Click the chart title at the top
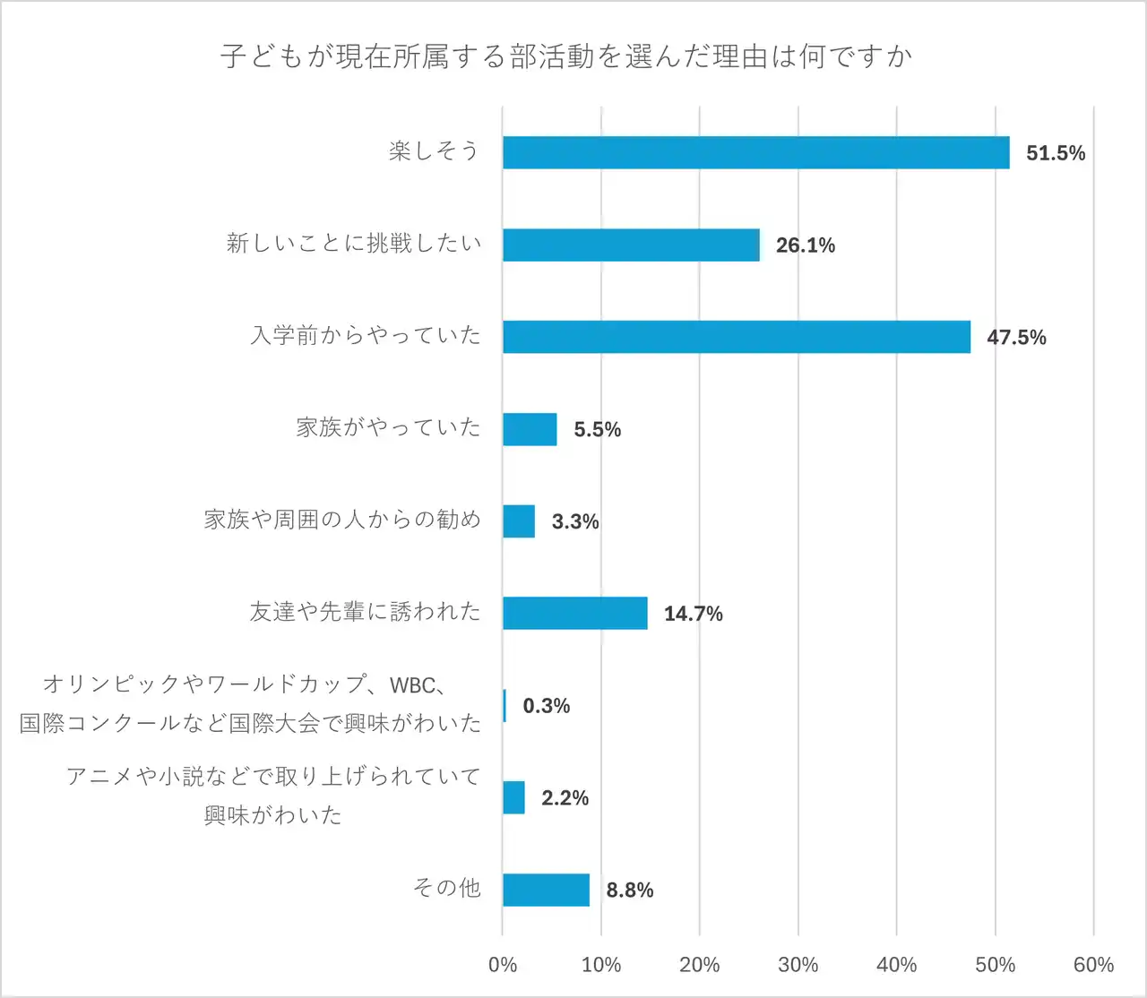pyautogui.click(x=566, y=56)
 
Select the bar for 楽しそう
pyautogui.click(x=755, y=152)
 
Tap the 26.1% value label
pyautogui.click(x=805, y=245)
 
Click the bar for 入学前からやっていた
pyautogui.click(x=736, y=337)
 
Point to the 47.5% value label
pyautogui.click(x=1016, y=338)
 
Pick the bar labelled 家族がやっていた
pyautogui.click(x=530, y=429)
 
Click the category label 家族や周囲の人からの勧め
pyautogui.click(x=342, y=520)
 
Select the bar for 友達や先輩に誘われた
pyautogui.click(x=574, y=613)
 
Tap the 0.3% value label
pyautogui.click(x=547, y=706)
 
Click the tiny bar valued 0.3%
pyautogui.click(x=505, y=705)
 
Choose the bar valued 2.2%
pyautogui.click(x=513, y=797)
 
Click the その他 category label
pyautogui.click(x=446, y=888)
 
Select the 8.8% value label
pyautogui.click(x=629, y=890)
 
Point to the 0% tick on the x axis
pyautogui.click(x=503, y=965)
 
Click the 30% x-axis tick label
pyautogui.click(x=798, y=965)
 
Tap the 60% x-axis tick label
pyautogui.click(x=1093, y=965)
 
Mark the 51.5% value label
pyautogui.click(x=1056, y=153)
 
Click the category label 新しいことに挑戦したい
pyautogui.click(x=354, y=243)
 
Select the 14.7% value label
pyautogui.click(x=693, y=614)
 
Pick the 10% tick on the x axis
pyautogui.click(x=601, y=965)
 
